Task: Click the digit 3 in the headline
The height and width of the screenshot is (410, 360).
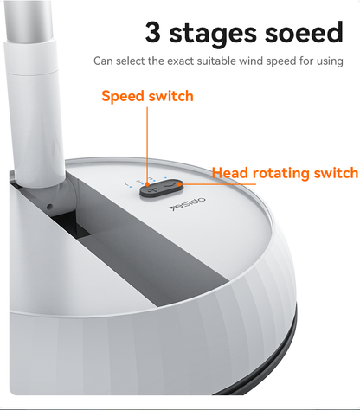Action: pyautogui.click(x=153, y=32)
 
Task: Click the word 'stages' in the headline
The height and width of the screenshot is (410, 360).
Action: pyautogui.click(x=213, y=34)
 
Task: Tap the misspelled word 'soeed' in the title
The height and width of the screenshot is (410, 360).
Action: pyautogui.click(x=304, y=32)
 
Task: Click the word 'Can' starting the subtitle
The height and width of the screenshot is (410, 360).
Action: pyautogui.click(x=103, y=61)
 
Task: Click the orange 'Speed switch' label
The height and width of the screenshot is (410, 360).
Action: pyautogui.click(x=147, y=96)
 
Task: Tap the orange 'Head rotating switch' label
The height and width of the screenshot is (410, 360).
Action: pyautogui.click(x=285, y=173)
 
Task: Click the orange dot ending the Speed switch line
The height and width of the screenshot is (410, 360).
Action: pyautogui.click(x=147, y=184)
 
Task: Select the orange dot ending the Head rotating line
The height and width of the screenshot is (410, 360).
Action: pyautogui.click(x=178, y=183)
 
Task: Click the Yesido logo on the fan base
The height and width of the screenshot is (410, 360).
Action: pyautogui.click(x=187, y=204)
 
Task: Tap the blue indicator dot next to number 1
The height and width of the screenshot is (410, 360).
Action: pyautogui.click(x=131, y=187)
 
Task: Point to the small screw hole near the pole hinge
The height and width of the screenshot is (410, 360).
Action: pyautogui.click(x=50, y=207)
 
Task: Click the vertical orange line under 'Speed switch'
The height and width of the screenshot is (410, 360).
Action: pyautogui.click(x=147, y=144)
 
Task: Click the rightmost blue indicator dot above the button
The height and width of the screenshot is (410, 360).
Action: pyautogui.click(x=165, y=178)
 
